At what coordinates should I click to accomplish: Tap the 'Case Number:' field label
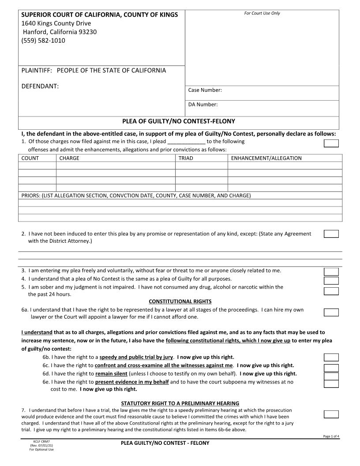coord(205,90)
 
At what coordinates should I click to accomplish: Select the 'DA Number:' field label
coord(203,105)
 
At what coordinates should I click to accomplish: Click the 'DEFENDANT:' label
coord(40,86)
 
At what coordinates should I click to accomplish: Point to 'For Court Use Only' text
coord(262,13)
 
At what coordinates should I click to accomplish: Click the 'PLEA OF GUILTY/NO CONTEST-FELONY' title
coord(178,121)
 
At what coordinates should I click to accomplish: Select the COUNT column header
coord(30,158)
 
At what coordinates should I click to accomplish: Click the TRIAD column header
coord(185,158)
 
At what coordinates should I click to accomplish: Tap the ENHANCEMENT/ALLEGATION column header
coord(266,158)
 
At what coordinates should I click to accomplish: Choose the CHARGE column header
coord(69,158)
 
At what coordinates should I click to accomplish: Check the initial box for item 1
coord(331,143)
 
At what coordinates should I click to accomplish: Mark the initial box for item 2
coord(331,234)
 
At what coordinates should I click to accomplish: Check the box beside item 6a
coord(331,312)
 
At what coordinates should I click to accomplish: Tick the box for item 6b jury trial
coord(331,357)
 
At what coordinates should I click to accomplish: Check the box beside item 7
coord(331,414)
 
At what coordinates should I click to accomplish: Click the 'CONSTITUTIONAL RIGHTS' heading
coord(180,301)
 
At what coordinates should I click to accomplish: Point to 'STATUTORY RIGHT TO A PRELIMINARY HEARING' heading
coord(180,403)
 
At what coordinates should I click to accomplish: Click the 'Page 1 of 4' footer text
coord(331,436)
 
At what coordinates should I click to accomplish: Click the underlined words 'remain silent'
coord(108,373)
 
